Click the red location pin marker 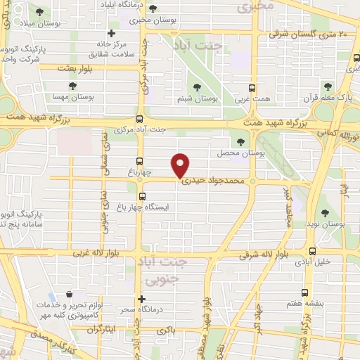tap(181, 165)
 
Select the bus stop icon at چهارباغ tap(139, 160)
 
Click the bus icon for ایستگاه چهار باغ tap(142, 197)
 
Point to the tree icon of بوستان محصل tap(241, 142)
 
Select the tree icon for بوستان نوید tap(325, 213)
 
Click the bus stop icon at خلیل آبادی tap(312, 251)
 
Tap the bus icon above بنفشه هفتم tap(304, 292)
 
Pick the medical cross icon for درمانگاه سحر tap(142, 299)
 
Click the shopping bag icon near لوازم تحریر tap(68, 295)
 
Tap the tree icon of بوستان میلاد tap(39, 12)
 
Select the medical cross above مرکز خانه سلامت tap(110, 33)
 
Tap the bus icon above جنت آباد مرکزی tap(139, 119)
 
